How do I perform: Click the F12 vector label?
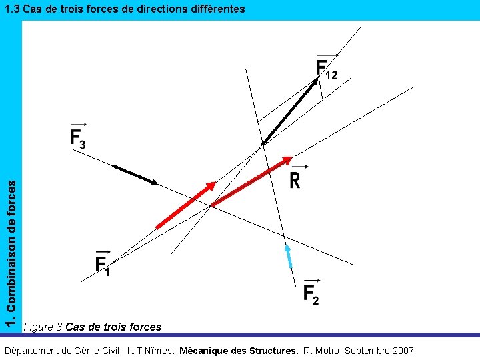coord(326,68)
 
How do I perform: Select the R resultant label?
coord(295,179)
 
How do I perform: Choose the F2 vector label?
coord(311,293)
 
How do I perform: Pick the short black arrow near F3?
coord(135,174)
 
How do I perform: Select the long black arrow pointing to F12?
coord(291,110)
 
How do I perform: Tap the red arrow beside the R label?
coord(251,181)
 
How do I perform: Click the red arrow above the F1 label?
coord(186,205)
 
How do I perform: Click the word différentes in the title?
coord(211,9)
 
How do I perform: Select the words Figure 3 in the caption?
coord(43,327)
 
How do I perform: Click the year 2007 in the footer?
coord(403,350)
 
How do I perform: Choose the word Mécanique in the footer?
coord(205,350)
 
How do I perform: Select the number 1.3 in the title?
coord(11,9)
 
